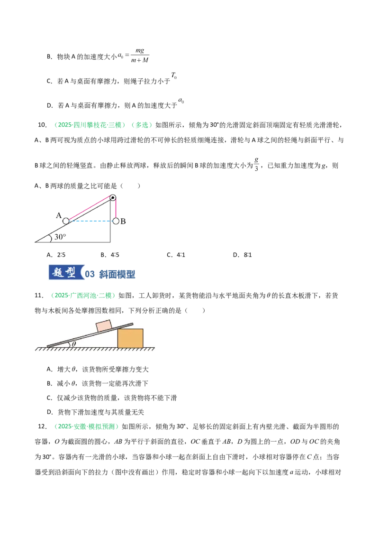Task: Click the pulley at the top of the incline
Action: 113,198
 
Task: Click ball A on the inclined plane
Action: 66,221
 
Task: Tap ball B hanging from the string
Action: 116,221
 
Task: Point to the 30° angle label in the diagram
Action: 60,237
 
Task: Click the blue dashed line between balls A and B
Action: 91,221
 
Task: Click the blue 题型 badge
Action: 66,273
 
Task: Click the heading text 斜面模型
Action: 117,274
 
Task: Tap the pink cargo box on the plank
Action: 104,326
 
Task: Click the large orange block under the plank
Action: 130,338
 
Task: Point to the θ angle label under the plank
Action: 74,344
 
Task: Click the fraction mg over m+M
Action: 140,55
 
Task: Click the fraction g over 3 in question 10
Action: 257,164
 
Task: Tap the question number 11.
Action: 39,296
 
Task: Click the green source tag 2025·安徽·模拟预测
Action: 87,426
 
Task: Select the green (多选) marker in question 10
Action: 142,125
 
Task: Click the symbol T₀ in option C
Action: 174,75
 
